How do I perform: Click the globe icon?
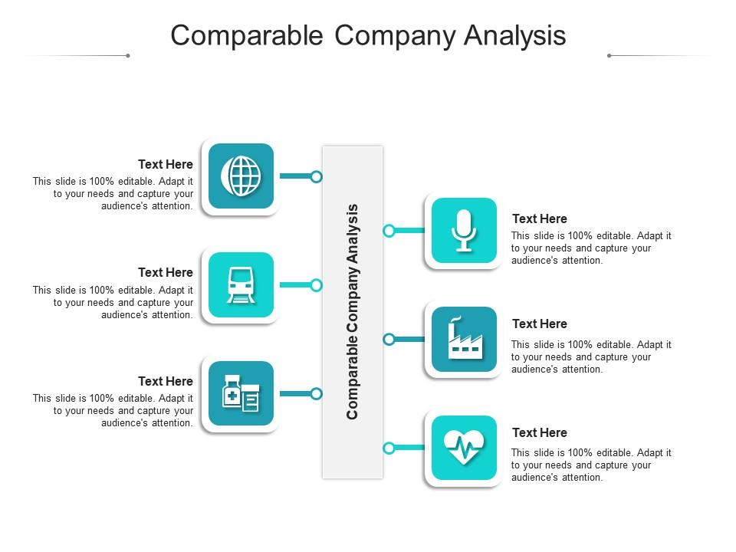pyautogui.click(x=241, y=176)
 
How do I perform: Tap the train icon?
pyautogui.click(x=241, y=284)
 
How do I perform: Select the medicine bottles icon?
pyautogui.click(x=241, y=393)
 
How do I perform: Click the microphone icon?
pyautogui.click(x=464, y=230)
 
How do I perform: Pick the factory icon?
pyautogui.click(x=464, y=339)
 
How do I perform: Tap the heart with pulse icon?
pyautogui.click(x=464, y=448)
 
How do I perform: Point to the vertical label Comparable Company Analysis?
pyautogui.click(x=353, y=311)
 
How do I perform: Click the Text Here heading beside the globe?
pyautogui.click(x=166, y=164)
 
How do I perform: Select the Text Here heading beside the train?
pyautogui.click(x=166, y=272)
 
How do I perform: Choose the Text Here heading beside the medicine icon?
pyautogui.click(x=166, y=381)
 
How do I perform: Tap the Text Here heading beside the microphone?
pyautogui.click(x=540, y=219)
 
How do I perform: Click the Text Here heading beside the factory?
pyautogui.click(x=540, y=324)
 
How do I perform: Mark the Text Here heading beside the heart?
pyautogui.click(x=540, y=432)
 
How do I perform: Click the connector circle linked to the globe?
pyautogui.click(x=316, y=176)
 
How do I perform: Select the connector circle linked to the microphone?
pyautogui.click(x=389, y=230)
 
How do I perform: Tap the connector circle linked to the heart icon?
pyautogui.click(x=389, y=448)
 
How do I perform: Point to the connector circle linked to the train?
pyautogui.click(x=316, y=285)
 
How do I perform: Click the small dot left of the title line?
pyautogui.click(x=127, y=55)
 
